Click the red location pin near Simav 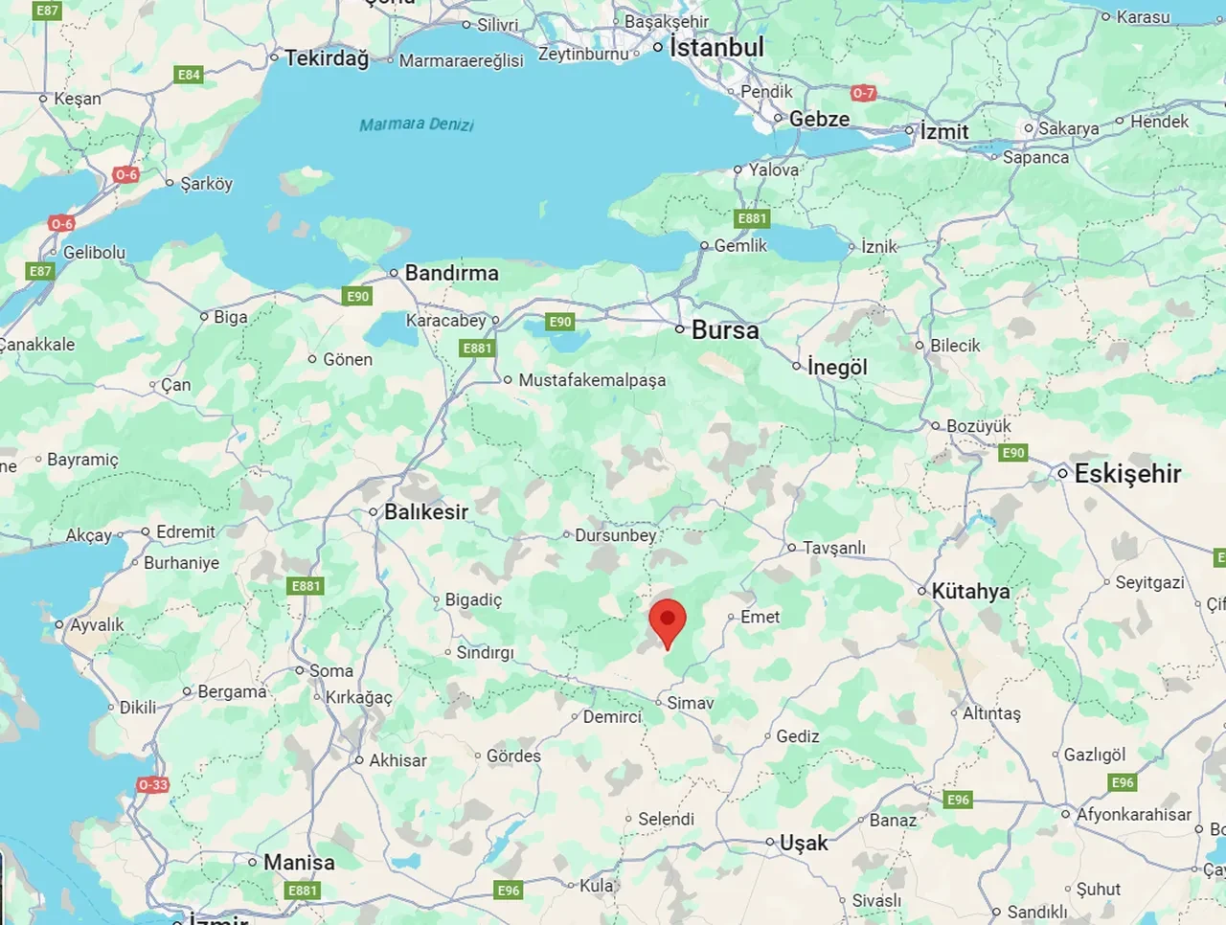pyautogui.click(x=668, y=621)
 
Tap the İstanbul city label pyautogui.click(x=716, y=47)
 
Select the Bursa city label pyautogui.click(x=724, y=330)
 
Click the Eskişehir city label pyautogui.click(x=1127, y=473)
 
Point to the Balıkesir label pyautogui.click(x=426, y=512)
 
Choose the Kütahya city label pyautogui.click(x=970, y=592)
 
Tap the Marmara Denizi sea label pyautogui.click(x=417, y=124)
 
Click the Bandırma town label pyautogui.click(x=451, y=273)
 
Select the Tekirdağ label pyautogui.click(x=327, y=58)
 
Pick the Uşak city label pyautogui.click(x=803, y=844)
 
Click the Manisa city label pyautogui.click(x=299, y=863)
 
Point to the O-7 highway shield pyautogui.click(x=863, y=93)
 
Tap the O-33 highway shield pyautogui.click(x=153, y=785)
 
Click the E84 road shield pyautogui.click(x=189, y=75)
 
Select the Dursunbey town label pyautogui.click(x=615, y=535)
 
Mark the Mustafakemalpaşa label pyautogui.click(x=592, y=380)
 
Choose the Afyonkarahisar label pyautogui.click(x=1134, y=815)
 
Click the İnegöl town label pyautogui.click(x=836, y=367)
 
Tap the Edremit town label pyautogui.click(x=185, y=532)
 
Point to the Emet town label pyautogui.click(x=760, y=618)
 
